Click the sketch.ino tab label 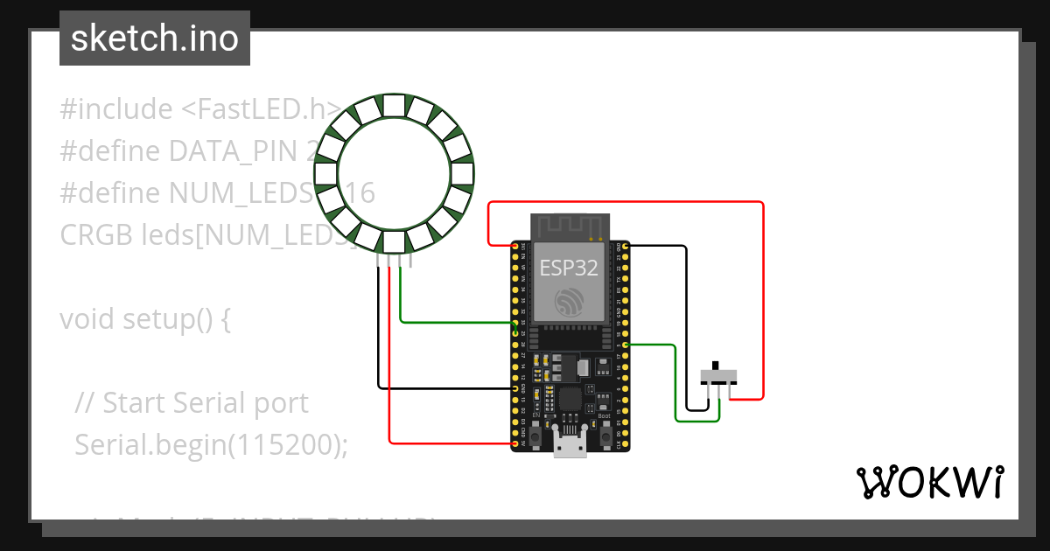click(155, 38)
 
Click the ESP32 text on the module click(569, 268)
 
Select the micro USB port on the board click(570, 445)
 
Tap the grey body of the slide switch click(718, 377)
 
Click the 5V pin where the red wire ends click(514, 444)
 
